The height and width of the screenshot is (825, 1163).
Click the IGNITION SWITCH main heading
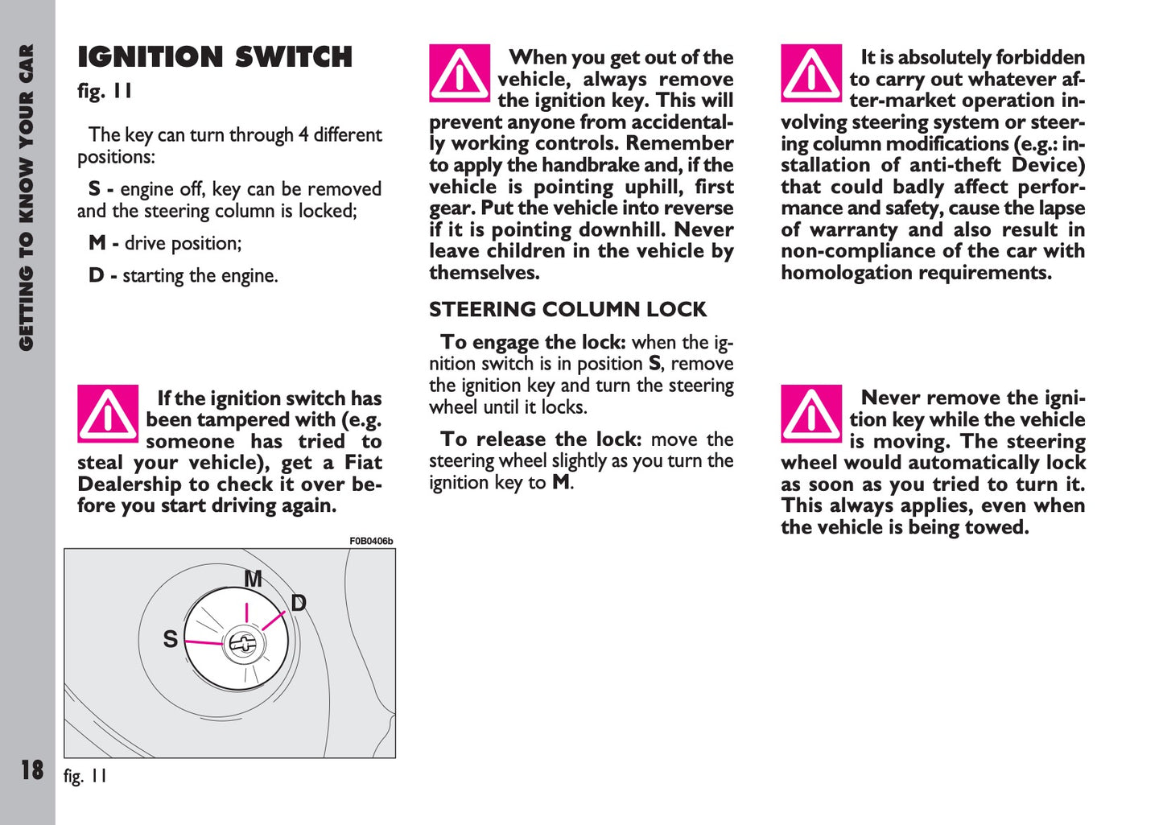click(x=215, y=57)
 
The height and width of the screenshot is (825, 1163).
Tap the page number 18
click(x=32, y=770)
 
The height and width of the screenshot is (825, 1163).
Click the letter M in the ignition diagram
click(x=254, y=579)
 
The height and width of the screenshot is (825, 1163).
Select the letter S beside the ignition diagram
click(x=170, y=639)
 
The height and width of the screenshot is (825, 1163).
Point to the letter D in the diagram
click(x=299, y=603)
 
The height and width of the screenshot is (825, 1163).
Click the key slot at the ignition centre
click(x=241, y=643)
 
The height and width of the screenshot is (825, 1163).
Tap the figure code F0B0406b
click(x=371, y=542)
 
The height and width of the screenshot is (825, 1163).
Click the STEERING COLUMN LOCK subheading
click(x=567, y=310)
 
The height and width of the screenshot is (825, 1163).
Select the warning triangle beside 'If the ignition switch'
click(x=108, y=414)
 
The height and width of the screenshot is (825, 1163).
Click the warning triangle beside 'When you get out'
click(x=460, y=73)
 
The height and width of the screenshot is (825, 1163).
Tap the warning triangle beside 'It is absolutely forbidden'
click(x=811, y=73)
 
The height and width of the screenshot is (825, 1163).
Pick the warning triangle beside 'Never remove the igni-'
click(x=811, y=414)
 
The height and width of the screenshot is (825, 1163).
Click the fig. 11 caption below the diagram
click(x=85, y=777)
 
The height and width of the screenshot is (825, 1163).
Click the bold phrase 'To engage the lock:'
click(x=533, y=342)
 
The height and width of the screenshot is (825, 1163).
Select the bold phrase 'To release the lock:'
click(x=541, y=439)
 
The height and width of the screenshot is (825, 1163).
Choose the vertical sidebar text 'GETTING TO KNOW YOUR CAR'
click(x=27, y=197)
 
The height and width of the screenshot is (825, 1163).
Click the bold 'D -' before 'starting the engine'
click(x=102, y=276)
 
